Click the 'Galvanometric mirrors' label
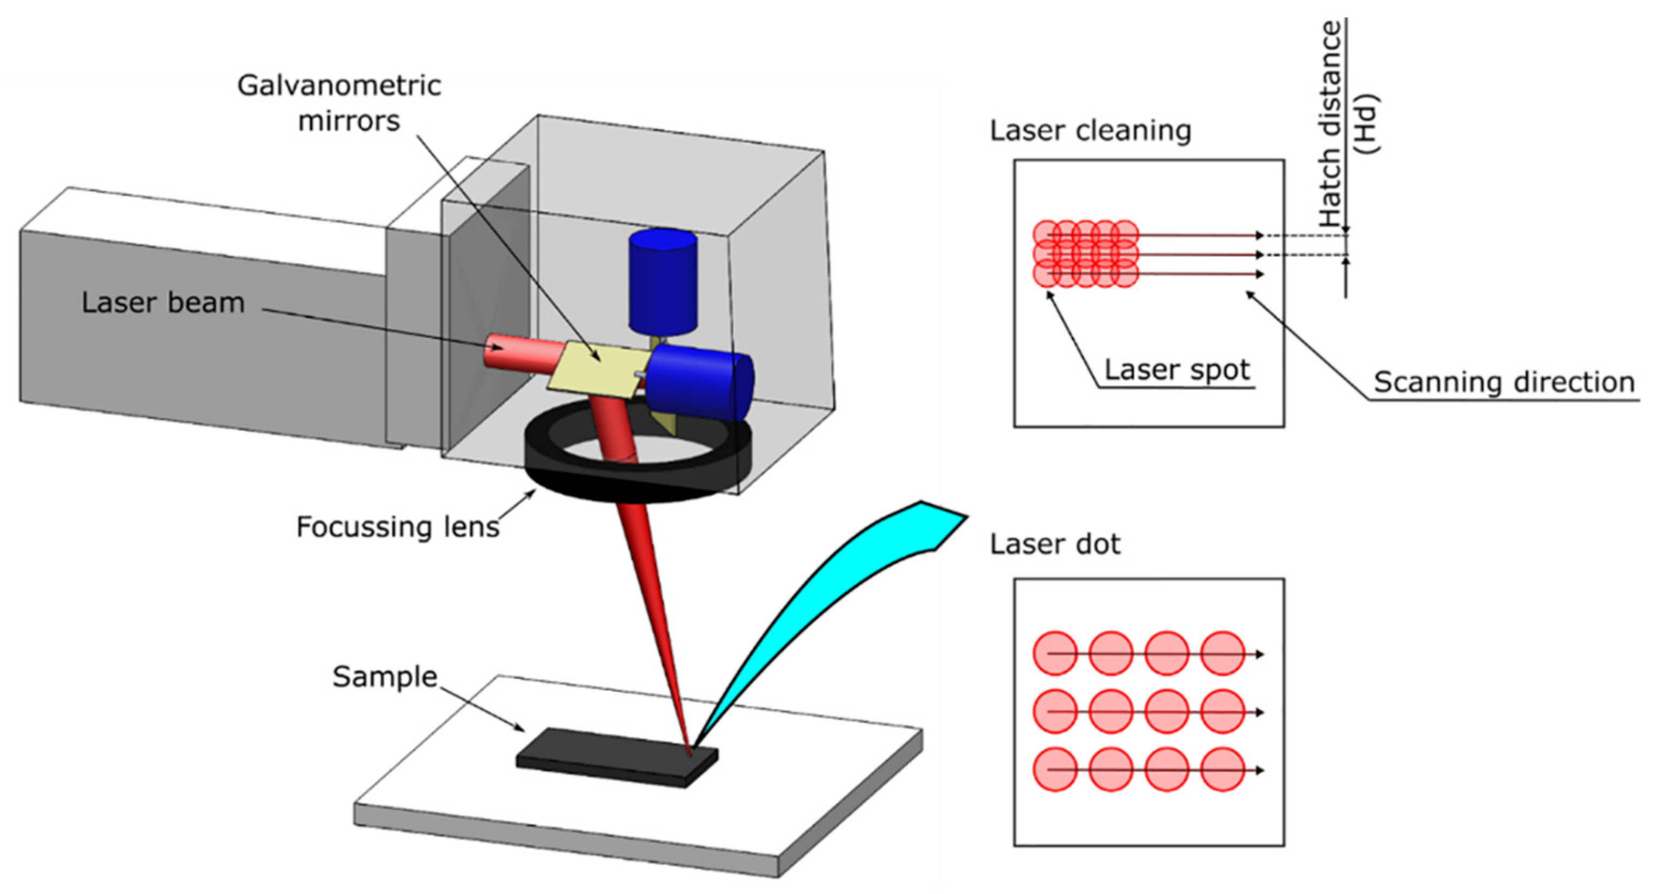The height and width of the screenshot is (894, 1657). tap(339, 103)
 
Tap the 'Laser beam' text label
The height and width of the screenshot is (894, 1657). tap(163, 303)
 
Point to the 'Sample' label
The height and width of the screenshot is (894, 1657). tap(385, 677)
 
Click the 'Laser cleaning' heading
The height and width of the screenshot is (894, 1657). tap(1090, 131)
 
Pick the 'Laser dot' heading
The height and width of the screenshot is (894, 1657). tap(1055, 544)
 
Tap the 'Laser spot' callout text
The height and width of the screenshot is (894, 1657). tap(1177, 370)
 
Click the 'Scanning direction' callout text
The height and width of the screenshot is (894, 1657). tap(1504, 382)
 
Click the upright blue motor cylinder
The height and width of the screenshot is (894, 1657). tap(663, 281)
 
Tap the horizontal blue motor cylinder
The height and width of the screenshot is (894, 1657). tap(701, 382)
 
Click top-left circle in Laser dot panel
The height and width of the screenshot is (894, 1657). tap(1055, 653)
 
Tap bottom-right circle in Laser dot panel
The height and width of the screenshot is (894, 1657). tap(1222, 769)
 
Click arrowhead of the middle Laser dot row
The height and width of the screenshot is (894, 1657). tap(1260, 712)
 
